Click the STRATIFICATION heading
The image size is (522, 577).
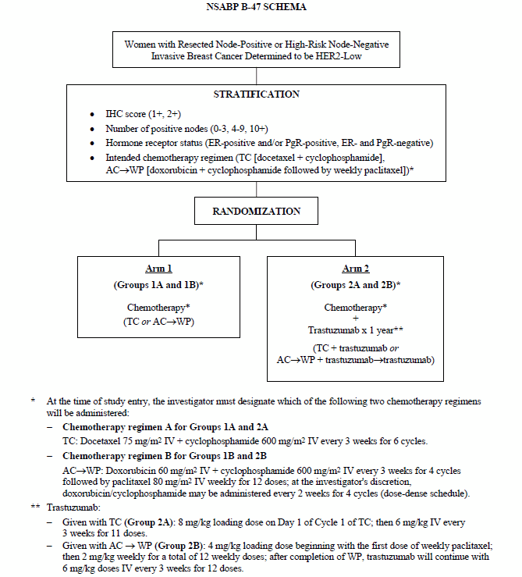pos(256,94)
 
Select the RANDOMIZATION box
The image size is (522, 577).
pos(257,210)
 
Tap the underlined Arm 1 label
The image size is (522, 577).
pos(158,268)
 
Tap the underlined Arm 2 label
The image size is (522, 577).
pos(355,268)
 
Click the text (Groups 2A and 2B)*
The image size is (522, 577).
pos(355,285)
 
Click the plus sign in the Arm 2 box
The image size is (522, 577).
pos(355,319)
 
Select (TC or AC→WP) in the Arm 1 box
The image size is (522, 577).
pos(158,319)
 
